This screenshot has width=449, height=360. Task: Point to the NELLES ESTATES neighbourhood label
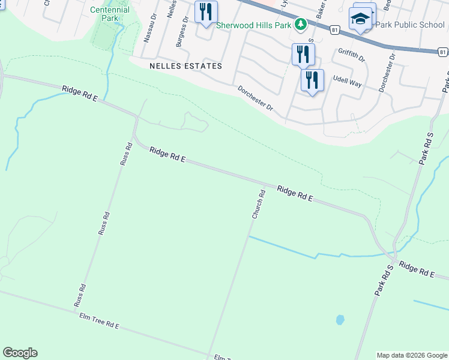pos(186,66)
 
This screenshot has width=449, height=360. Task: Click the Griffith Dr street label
pos(352,56)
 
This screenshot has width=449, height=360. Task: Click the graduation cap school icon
pos(361,19)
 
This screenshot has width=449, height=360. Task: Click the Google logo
pos(20,353)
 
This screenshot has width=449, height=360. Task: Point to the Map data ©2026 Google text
pos(412,355)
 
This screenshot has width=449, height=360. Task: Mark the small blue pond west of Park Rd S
pos(340,319)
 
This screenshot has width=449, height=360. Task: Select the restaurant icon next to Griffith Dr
pos(303,54)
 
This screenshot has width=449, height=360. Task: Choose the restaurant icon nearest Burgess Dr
pos(206,11)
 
